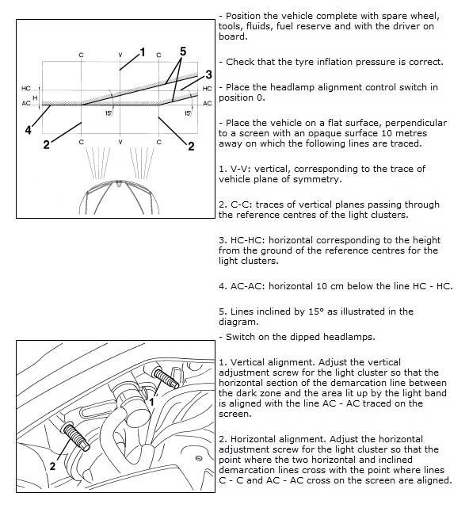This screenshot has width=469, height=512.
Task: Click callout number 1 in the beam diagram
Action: [142, 52]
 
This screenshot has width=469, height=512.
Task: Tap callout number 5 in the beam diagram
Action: [183, 52]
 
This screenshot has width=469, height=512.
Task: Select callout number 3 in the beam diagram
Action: [208, 75]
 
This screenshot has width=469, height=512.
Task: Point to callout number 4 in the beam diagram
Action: [29, 130]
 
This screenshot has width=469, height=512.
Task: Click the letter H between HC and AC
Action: [35, 98]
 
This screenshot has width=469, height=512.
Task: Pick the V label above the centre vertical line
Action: [120, 55]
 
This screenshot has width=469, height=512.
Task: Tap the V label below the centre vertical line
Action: [120, 142]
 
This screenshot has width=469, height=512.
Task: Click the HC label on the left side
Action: [26, 89]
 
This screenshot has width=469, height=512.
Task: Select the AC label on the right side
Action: [208, 104]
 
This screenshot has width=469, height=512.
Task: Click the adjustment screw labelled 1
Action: [166, 378]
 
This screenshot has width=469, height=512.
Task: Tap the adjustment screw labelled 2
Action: [76, 436]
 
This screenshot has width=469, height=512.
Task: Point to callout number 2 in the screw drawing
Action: [52, 466]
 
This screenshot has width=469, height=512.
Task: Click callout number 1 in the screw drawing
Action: [151, 402]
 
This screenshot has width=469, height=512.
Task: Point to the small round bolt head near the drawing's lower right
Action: [198, 458]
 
